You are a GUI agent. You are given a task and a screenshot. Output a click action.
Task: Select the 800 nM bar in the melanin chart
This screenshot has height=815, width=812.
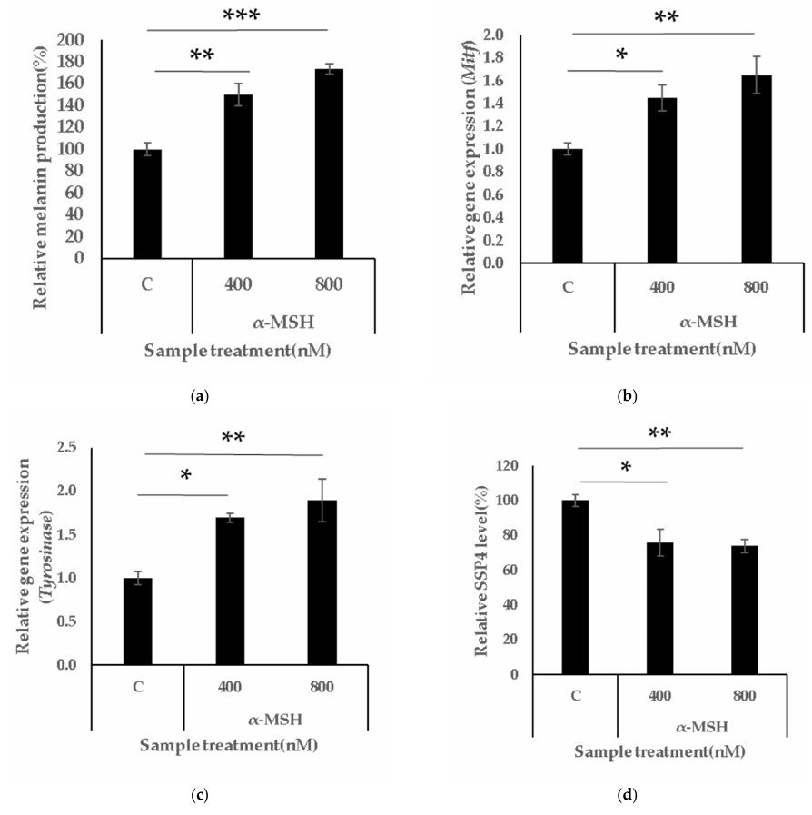click(329, 164)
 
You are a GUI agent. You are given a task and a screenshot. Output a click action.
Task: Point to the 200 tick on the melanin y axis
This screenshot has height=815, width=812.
click(74, 40)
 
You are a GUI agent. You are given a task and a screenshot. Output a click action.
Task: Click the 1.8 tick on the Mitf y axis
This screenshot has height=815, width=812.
click(520, 58)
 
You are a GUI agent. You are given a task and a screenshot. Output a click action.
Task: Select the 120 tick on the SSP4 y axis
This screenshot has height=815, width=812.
click(518, 466)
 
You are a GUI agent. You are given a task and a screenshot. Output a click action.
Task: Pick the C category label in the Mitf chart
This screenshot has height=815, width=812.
click(569, 287)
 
